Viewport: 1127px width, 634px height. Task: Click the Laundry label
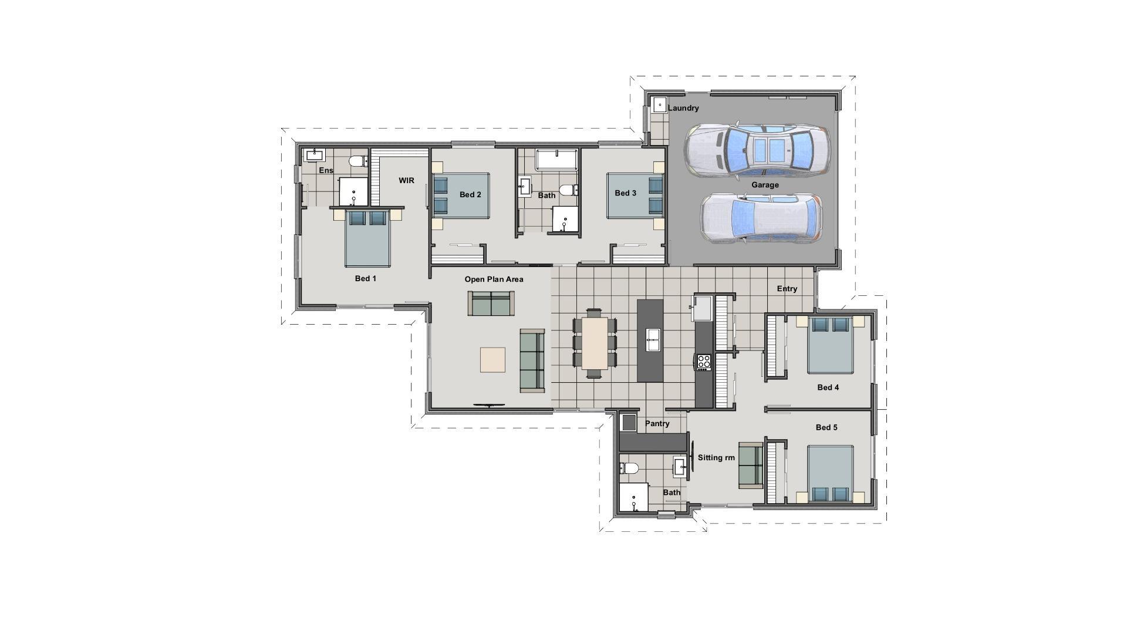(x=684, y=108)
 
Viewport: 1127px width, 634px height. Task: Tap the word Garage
(x=765, y=185)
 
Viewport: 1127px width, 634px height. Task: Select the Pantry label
(x=657, y=423)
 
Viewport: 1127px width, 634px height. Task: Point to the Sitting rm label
(x=716, y=457)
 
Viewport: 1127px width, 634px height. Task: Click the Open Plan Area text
(x=494, y=279)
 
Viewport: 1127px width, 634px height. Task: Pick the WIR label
(x=406, y=180)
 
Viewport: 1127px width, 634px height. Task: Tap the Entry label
(x=787, y=289)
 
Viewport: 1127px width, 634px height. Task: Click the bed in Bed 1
(x=367, y=239)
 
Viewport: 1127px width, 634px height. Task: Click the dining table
(x=595, y=343)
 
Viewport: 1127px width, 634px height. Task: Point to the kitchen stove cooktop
(x=703, y=362)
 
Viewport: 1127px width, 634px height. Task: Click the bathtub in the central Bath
(x=556, y=160)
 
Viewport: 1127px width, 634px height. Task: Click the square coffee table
(x=492, y=360)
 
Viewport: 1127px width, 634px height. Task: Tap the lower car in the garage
(x=761, y=218)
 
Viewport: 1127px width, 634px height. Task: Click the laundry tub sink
(x=659, y=106)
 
